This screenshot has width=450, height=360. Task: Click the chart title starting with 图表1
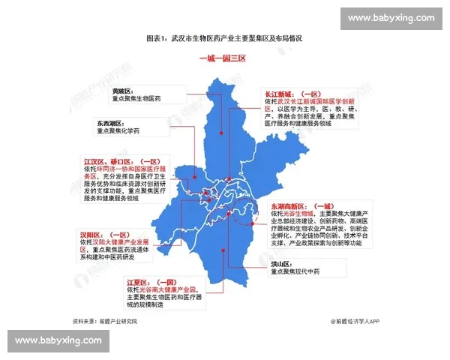tap(225, 37)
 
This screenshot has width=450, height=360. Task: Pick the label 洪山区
tap(282, 265)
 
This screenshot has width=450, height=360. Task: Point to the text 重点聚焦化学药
tap(121, 130)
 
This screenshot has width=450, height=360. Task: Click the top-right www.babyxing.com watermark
tap(391, 17)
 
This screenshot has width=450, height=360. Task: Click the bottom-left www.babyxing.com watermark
tap(58, 340)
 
